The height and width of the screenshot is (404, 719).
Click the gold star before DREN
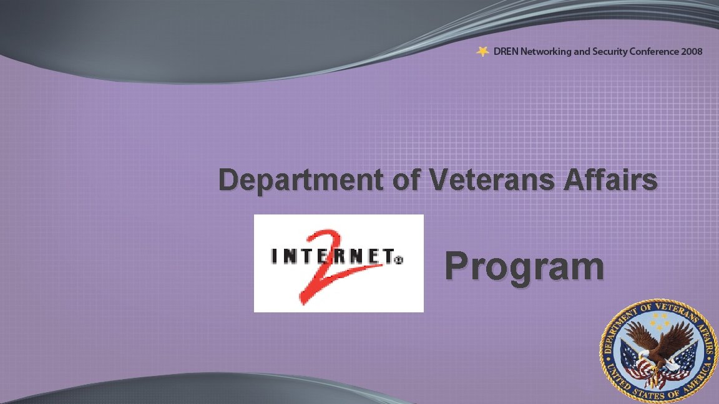(x=482, y=52)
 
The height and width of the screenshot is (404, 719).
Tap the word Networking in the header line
(x=546, y=52)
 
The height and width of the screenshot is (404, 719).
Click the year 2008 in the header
(x=692, y=52)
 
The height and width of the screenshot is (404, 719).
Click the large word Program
(x=524, y=267)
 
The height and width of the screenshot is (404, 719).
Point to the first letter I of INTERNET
(x=275, y=256)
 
